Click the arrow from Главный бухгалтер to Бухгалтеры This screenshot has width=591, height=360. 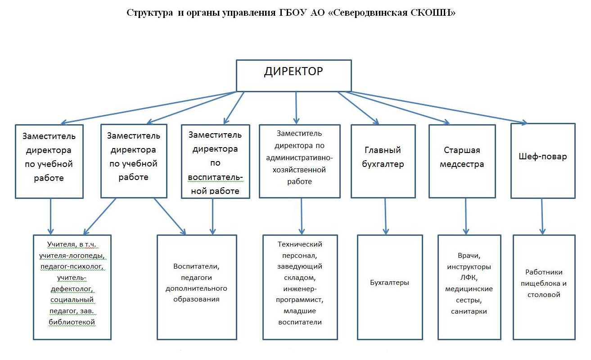(385, 216)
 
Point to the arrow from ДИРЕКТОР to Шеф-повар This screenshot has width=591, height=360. (438, 108)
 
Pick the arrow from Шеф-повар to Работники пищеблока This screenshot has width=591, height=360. (542, 216)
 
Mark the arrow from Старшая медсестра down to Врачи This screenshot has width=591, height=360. (466, 216)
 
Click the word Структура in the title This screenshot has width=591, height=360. (149, 13)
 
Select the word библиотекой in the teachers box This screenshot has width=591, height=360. (72, 322)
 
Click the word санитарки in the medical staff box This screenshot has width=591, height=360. (469, 311)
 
